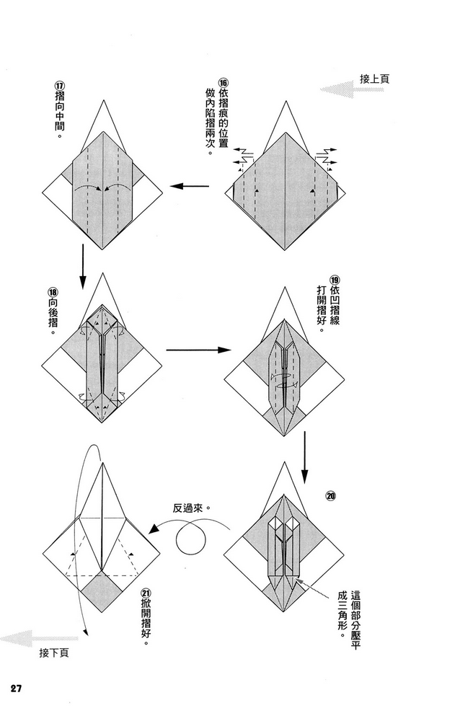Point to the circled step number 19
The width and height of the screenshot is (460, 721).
click(x=334, y=279)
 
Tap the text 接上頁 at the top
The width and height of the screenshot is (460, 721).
click(x=374, y=79)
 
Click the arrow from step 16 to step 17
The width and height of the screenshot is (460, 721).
click(x=189, y=187)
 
